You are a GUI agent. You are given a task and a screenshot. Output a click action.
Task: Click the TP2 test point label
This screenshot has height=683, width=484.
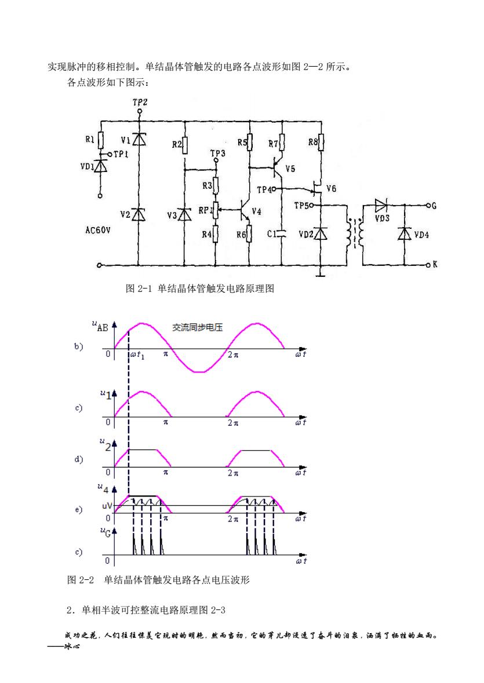pyautogui.click(x=140, y=103)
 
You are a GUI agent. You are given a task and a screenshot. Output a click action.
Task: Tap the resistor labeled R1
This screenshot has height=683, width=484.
pyautogui.click(x=101, y=140)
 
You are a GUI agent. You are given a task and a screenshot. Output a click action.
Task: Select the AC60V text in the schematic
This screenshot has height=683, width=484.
pyautogui.click(x=97, y=230)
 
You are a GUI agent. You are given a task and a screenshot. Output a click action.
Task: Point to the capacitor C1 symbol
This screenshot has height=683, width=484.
pyautogui.click(x=282, y=234)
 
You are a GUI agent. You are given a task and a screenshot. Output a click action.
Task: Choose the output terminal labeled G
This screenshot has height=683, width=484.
pyautogui.click(x=428, y=206)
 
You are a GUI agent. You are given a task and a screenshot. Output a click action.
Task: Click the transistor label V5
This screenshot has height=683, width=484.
pyautogui.click(x=290, y=169)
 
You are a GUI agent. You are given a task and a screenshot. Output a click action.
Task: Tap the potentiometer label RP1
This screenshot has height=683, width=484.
pyautogui.click(x=205, y=210)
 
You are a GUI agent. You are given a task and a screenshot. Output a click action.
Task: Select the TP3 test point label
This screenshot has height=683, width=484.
pyautogui.click(x=218, y=154)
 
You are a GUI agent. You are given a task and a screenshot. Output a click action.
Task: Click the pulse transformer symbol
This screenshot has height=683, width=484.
pyautogui.click(x=355, y=233)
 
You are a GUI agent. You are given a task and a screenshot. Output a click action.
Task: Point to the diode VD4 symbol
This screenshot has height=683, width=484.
pyautogui.click(x=405, y=234)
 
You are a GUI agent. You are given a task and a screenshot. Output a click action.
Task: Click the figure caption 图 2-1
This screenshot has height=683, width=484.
pyautogui.click(x=139, y=288)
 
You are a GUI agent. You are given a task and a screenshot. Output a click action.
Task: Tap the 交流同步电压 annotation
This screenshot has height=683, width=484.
pyautogui.click(x=197, y=327)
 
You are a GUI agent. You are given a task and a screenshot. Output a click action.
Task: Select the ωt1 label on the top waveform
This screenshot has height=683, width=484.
pyautogui.click(x=137, y=355)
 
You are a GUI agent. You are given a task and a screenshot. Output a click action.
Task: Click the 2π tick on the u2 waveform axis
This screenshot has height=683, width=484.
pyautogui.click(x=233, y=473)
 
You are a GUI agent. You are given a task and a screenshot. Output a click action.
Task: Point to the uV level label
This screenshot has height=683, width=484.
pyautogui.click(x=107, y=506)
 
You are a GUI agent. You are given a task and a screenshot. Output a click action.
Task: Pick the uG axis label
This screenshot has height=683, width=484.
pyautogui.click(x=105, y=532)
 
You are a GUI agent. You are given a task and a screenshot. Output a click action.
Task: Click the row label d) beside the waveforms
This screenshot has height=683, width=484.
pyautogui.click(x=78, y=459)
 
